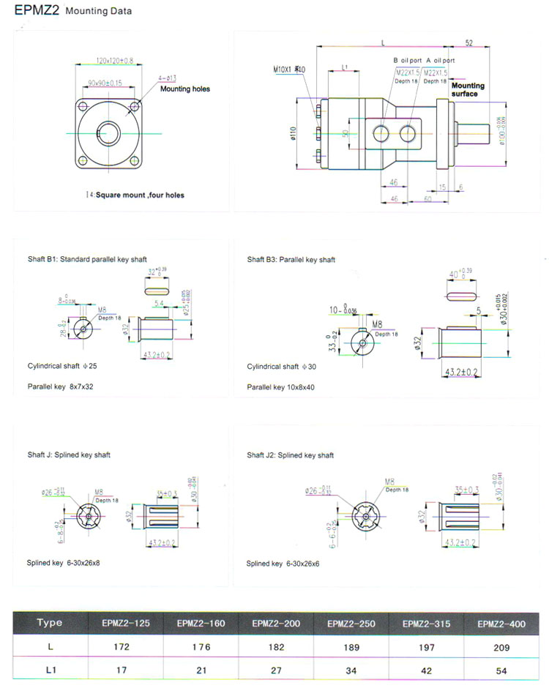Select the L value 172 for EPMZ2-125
(x=121, y=647)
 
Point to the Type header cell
(x=49, y=623)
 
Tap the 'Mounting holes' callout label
(x=185, y=89)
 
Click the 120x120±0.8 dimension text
(x=105, y=60)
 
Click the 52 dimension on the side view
(x=468, y=42)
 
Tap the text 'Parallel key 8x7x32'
(x=61, y=386)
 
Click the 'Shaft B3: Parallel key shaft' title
(x=291, y=260)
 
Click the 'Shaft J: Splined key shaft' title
(x=69, y=455)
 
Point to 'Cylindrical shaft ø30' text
(x=282, y=367)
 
